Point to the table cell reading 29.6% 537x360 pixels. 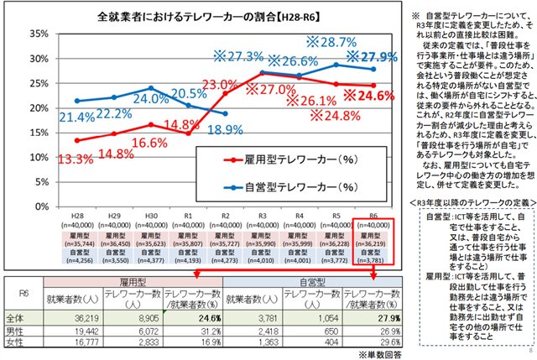click(x=383, y=342)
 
